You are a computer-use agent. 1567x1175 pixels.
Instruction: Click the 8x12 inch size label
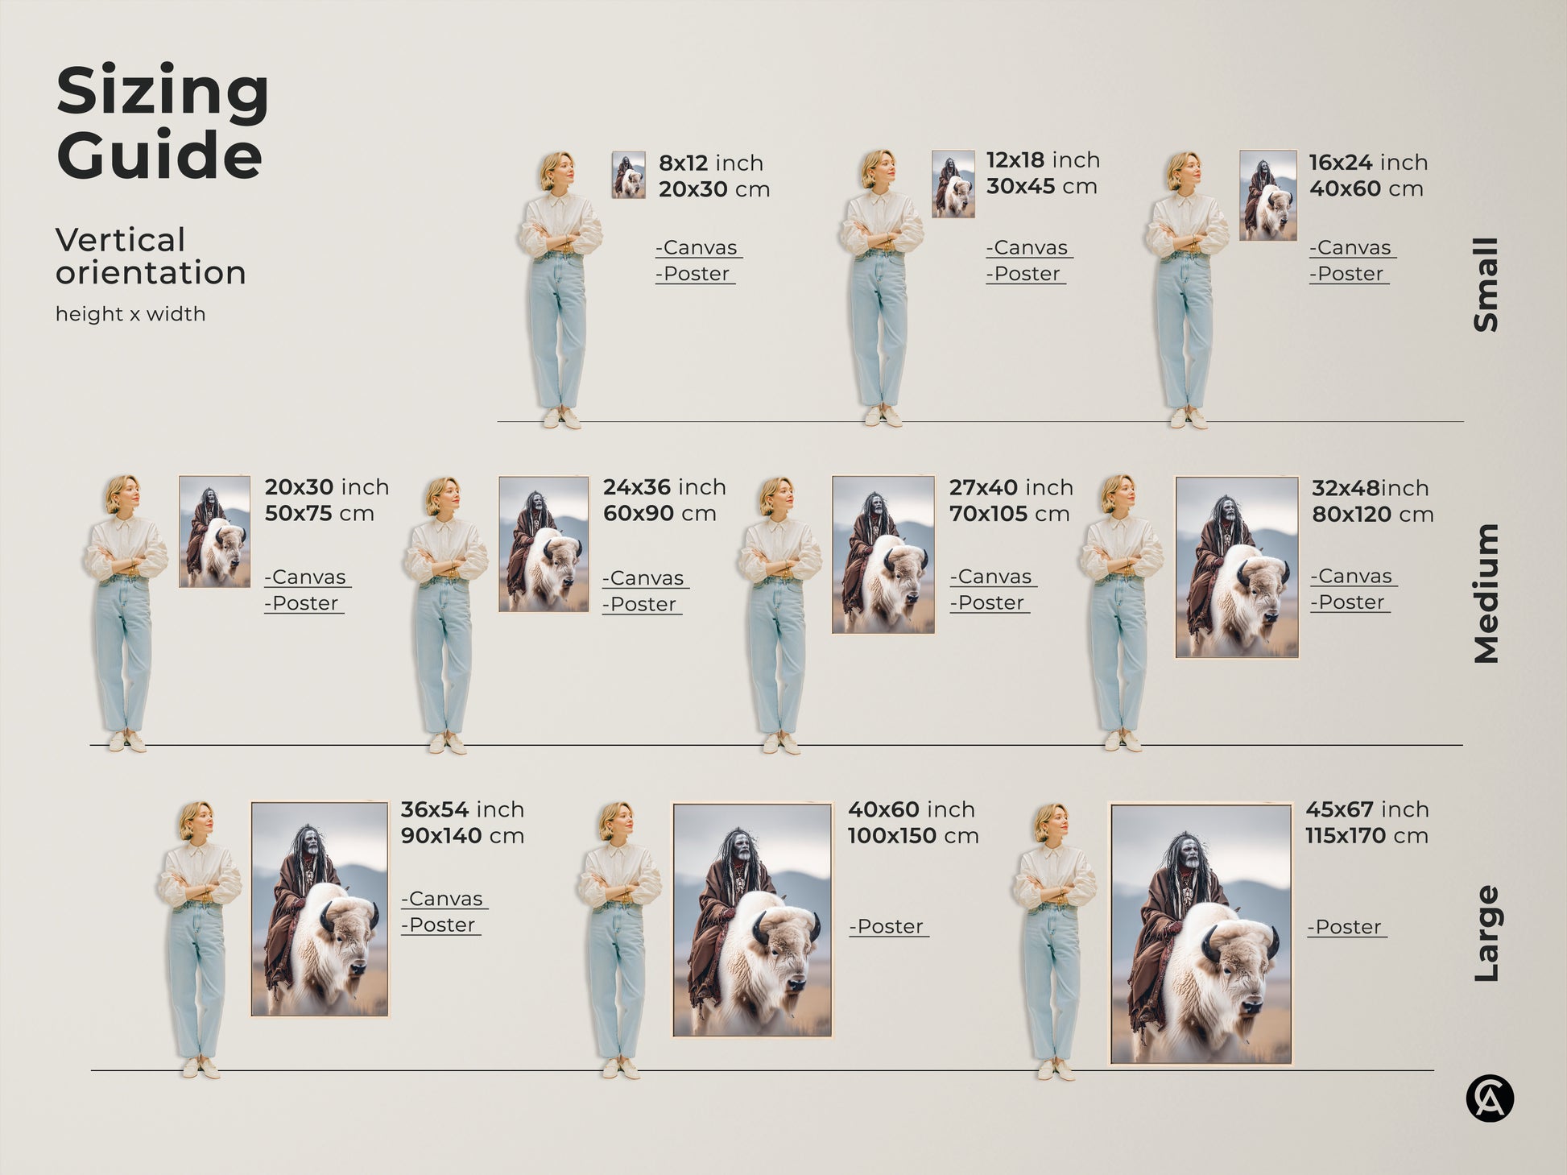pos(710,163)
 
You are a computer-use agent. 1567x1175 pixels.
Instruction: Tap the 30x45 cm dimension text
pos(1041,186)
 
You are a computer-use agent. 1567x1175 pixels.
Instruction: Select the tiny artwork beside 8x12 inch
pos(628,175)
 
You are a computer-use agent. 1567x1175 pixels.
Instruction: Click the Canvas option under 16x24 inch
pos(1352,248)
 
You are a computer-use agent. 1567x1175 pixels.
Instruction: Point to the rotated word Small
pos(1486,284)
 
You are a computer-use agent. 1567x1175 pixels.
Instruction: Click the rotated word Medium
pos(1486,594)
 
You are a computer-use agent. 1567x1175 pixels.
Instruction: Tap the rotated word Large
pos(1486,933)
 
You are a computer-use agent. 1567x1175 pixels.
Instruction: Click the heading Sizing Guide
pos(161,122)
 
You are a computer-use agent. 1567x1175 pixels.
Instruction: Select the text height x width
pos(130,314)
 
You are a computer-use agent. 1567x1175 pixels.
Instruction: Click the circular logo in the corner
pos(1489,1098)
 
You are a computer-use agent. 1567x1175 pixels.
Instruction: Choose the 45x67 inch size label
pos(1366,809)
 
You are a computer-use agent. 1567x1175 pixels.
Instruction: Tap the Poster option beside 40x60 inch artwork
pos(888,927)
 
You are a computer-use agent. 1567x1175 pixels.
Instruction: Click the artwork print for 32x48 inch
pos(1236,567)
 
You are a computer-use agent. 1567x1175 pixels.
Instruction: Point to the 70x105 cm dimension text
pos(1009,514)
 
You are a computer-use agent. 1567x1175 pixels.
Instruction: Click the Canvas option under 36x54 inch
pos(444,899)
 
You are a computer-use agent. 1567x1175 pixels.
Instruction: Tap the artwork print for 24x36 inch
pos(543,544)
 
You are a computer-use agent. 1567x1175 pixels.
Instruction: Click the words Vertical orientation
pos(150,256)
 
